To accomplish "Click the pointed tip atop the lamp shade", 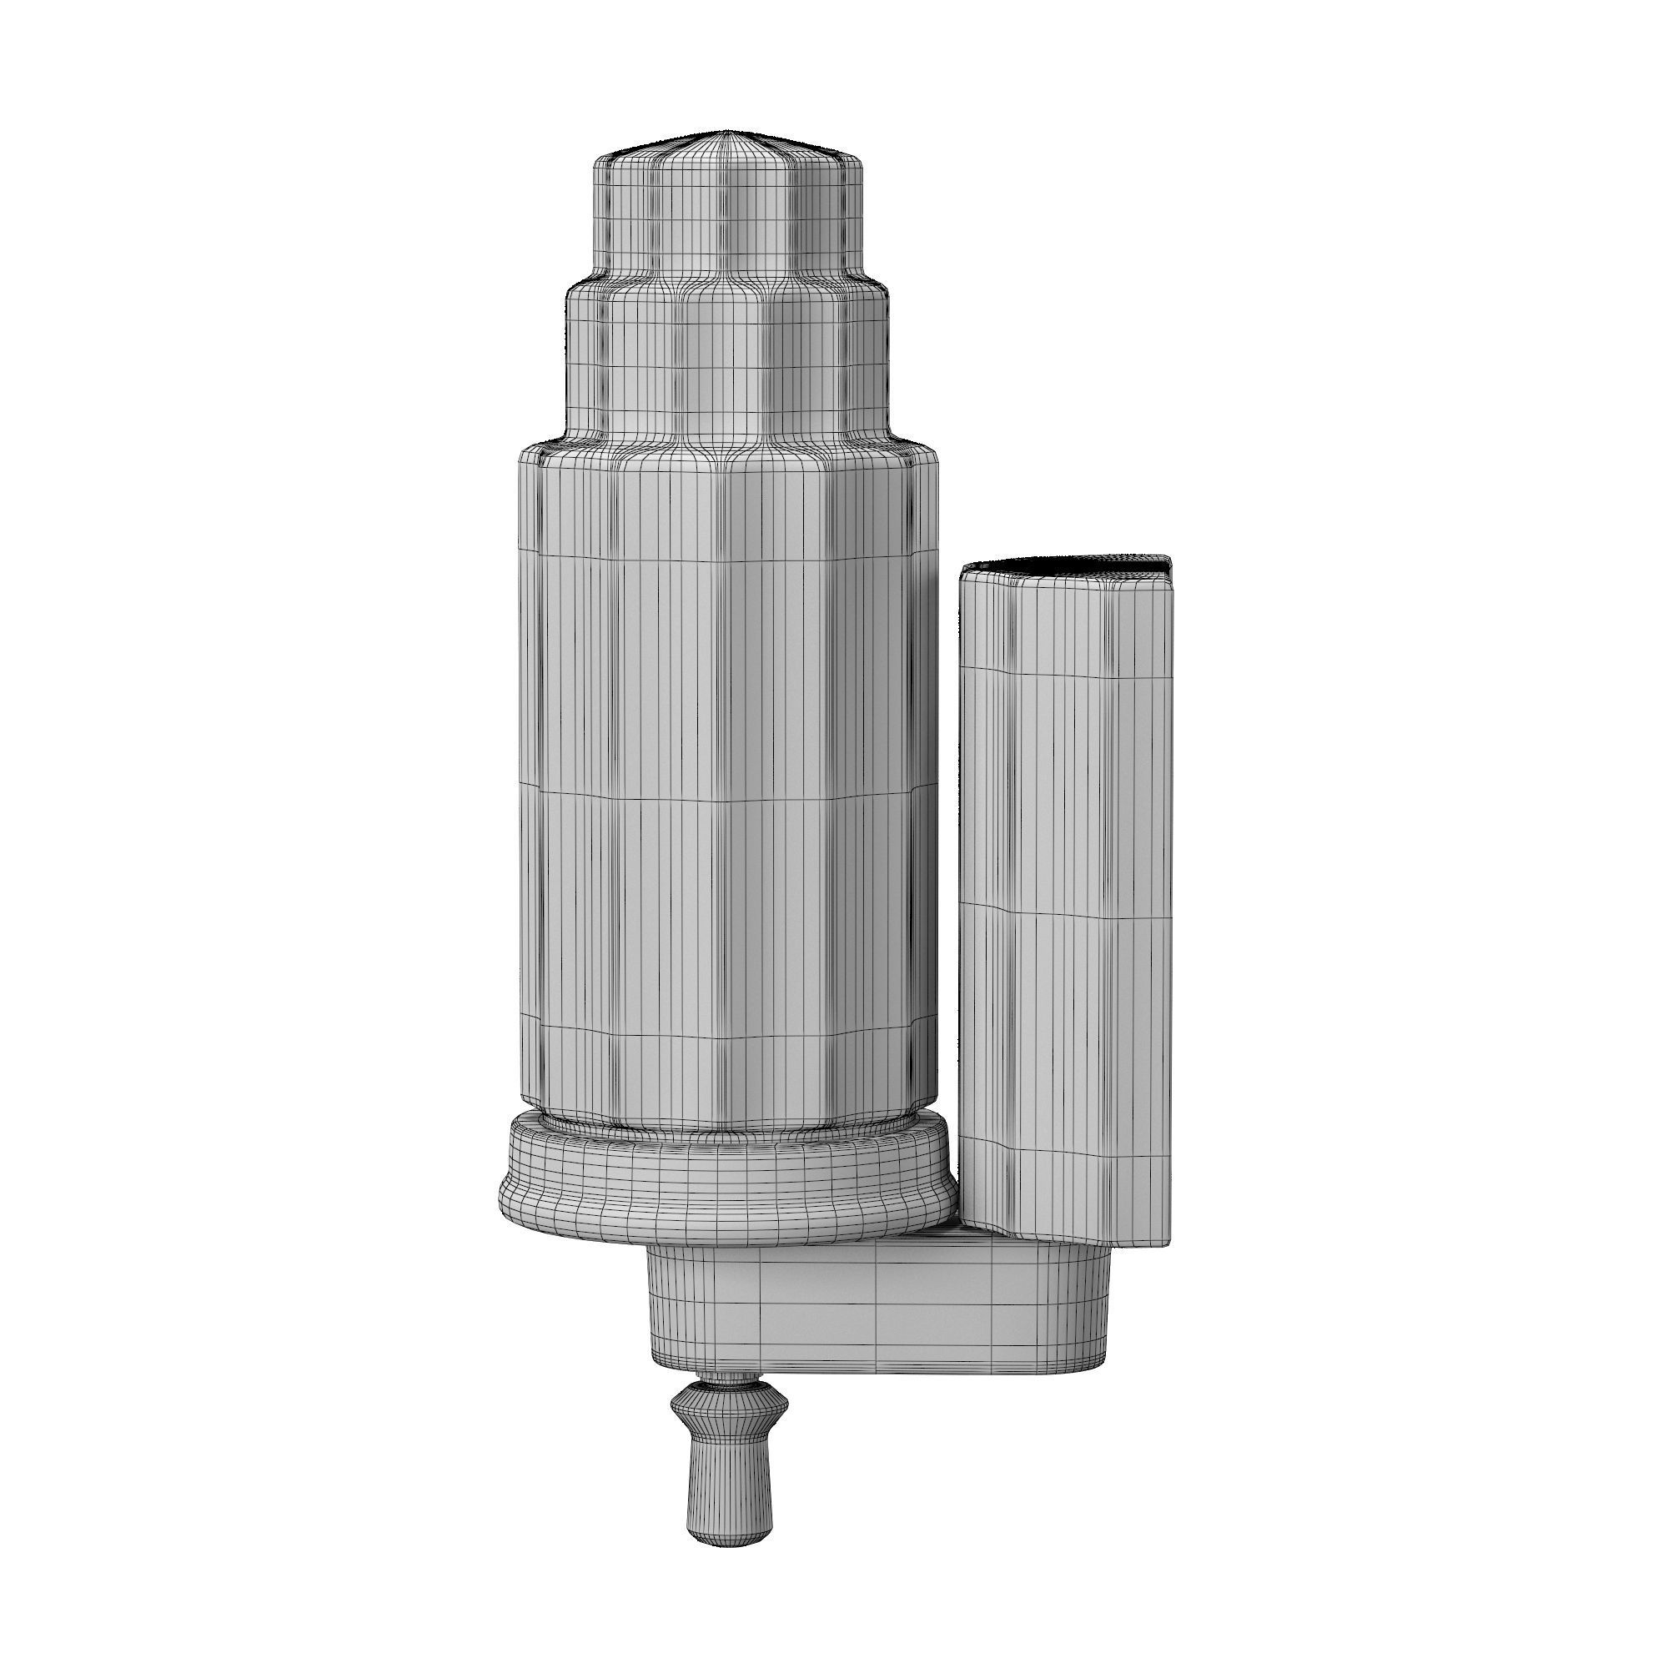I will pyautogui.click(x=728, y=132).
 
